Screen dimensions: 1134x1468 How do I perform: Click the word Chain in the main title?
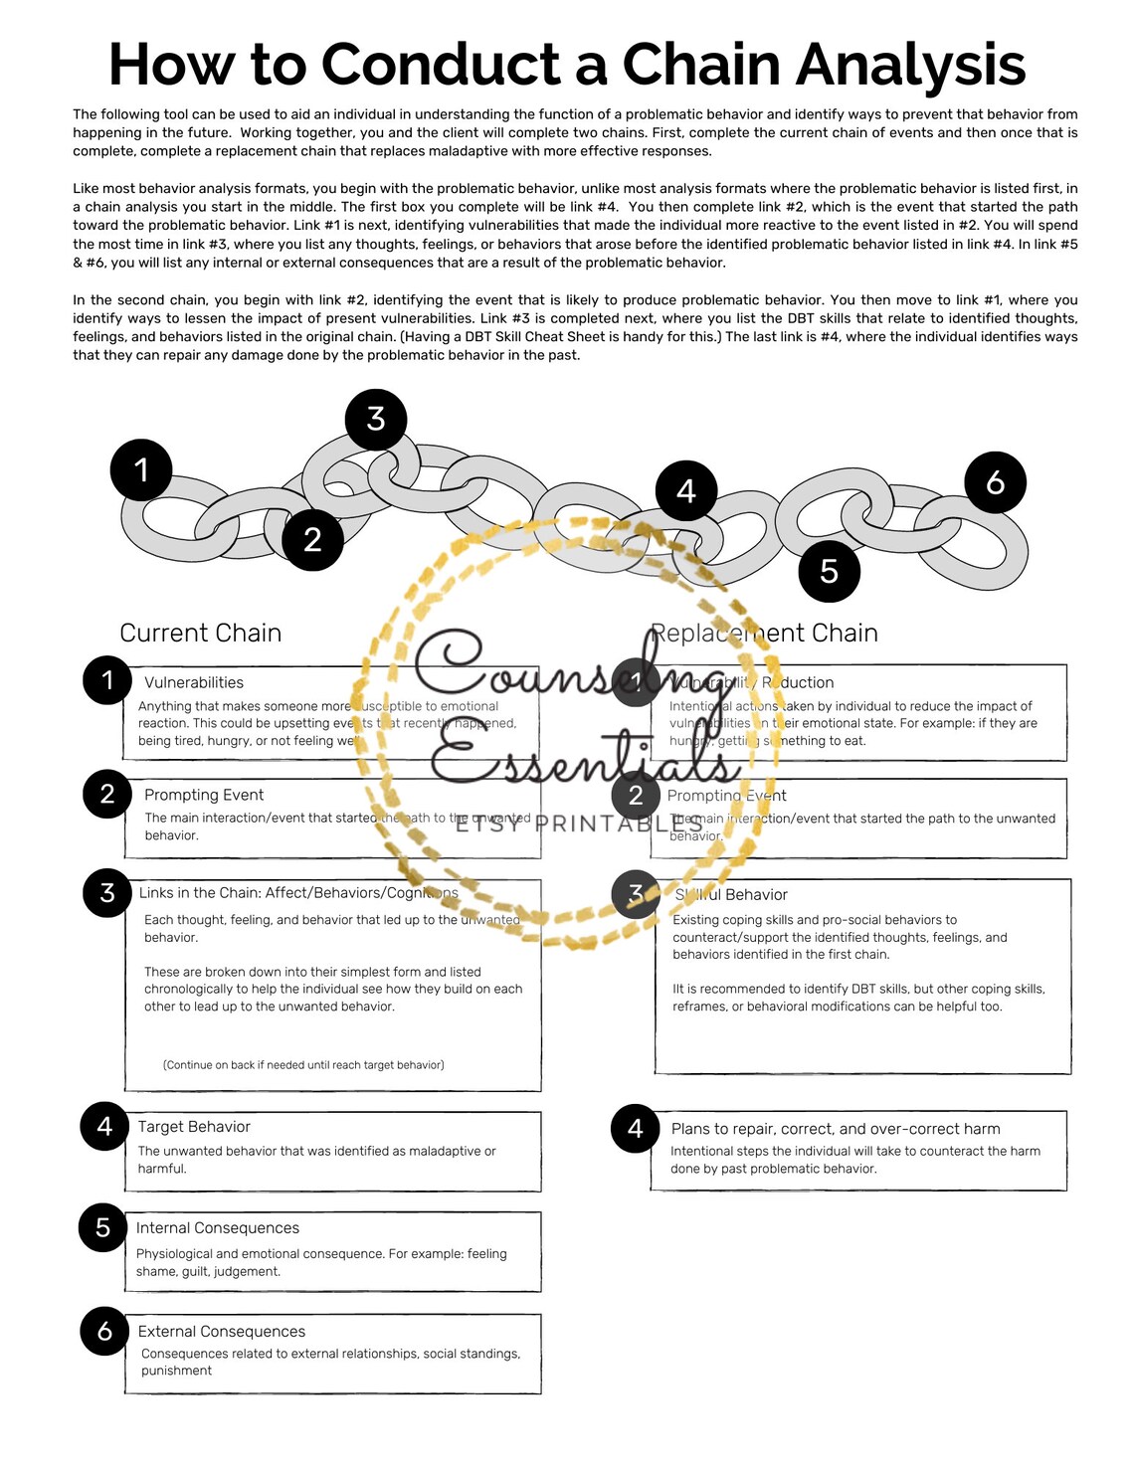pos(700,65)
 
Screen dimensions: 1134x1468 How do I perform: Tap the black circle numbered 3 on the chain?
pos(376,420)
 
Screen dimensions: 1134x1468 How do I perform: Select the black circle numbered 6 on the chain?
pos(995,482)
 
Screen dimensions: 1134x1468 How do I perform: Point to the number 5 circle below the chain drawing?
pos(829,571)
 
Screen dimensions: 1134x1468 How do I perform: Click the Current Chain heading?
pos(200,633)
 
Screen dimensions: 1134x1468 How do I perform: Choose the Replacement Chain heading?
pos(764,633)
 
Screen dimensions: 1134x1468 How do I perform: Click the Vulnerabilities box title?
pos(194,682)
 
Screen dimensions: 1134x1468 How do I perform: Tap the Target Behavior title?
pos(194,1126)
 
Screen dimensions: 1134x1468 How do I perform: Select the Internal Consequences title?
pos(218,1228)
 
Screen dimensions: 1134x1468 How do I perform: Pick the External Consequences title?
pos(222,1331)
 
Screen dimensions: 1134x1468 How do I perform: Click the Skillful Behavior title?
pos(731,894)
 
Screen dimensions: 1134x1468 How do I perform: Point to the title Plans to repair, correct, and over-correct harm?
pos(836,1128)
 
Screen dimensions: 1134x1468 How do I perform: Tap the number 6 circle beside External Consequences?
pos(104,1331)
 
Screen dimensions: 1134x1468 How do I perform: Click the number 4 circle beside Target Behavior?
pos(104,1126)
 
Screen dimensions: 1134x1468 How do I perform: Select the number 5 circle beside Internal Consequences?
pos(103,1227)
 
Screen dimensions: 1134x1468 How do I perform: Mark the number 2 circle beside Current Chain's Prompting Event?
pos(107,794)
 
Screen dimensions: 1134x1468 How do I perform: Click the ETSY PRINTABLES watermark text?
pos(579,824)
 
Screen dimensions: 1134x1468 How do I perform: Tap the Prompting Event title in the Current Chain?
pos(204,795)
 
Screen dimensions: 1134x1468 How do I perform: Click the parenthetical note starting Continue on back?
pos(303,1064)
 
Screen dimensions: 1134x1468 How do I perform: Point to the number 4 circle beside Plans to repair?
pos(636,1128)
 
